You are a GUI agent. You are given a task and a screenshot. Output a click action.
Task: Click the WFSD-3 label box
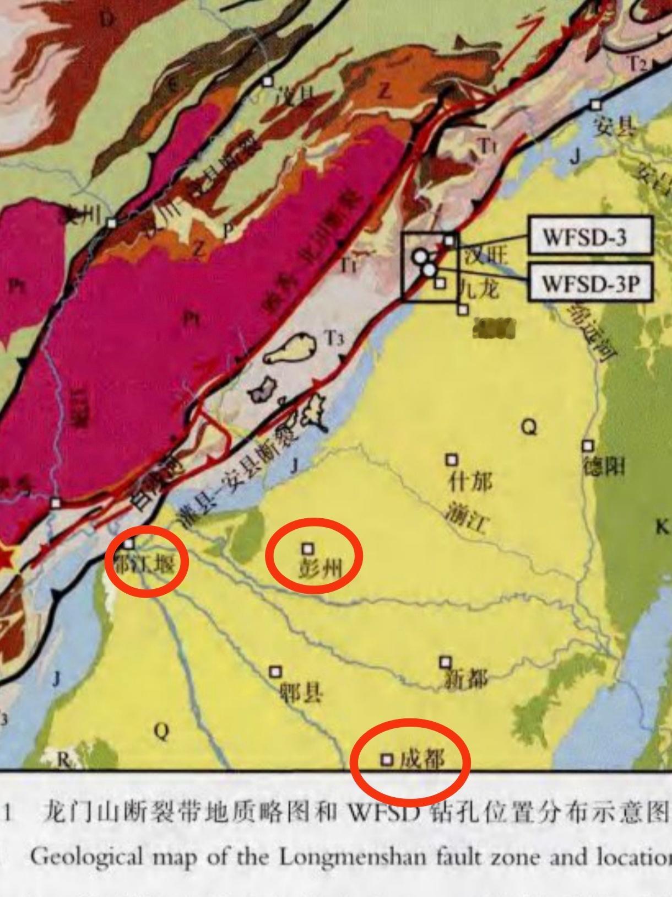(590, 236)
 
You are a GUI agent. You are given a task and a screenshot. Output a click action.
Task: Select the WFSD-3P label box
(590, 283)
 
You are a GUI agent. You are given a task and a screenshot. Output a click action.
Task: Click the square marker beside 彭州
(308, 549)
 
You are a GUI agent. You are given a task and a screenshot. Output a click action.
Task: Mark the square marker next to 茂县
(268, 82)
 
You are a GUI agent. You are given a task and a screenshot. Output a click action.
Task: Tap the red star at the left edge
(6, 558)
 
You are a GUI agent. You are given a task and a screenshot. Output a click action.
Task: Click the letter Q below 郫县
(161, 732)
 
